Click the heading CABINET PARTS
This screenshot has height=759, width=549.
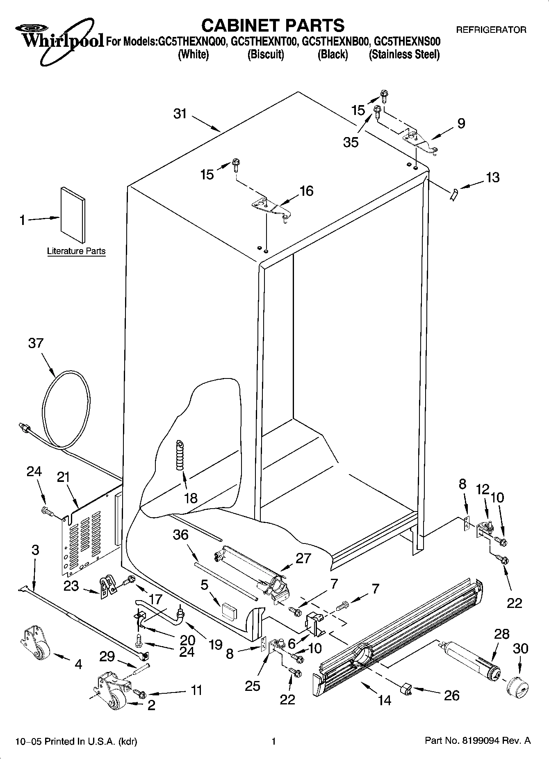pyautogui.click(x=273, y=25)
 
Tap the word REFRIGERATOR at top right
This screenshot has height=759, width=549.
pyautogui.click(x=491, y=30)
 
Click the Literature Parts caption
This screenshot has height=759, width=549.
pyautogui.click(x=76, y=251)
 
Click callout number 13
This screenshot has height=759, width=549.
pyautogui.click(x=492, y=177)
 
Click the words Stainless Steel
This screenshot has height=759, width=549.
pyautogui.click(x=404, y=55)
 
